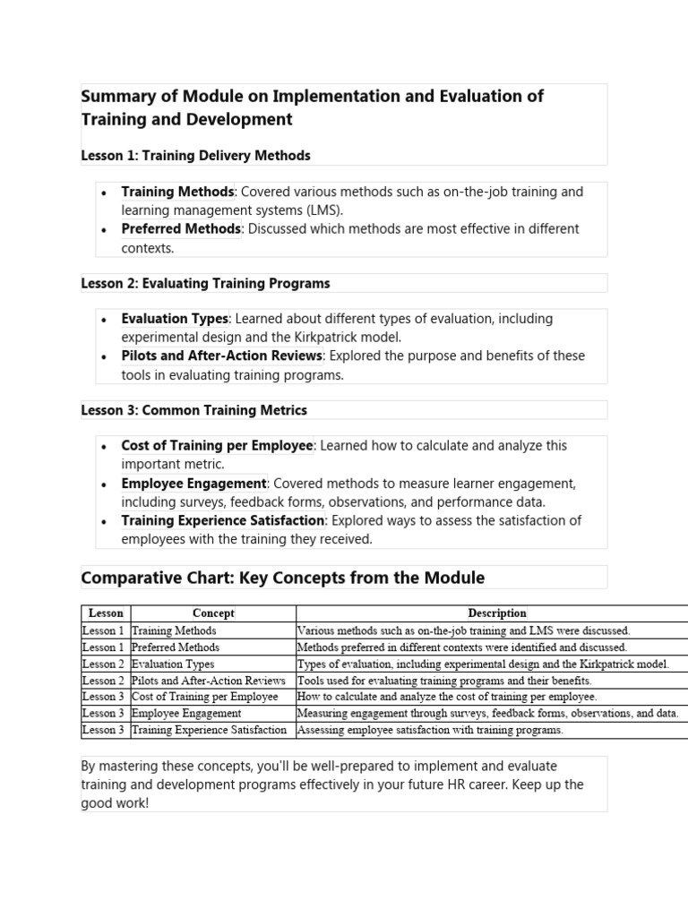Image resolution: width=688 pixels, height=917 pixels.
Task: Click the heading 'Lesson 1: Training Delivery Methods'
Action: (195, 156)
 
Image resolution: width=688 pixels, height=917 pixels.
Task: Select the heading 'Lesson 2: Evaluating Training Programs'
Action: (205, 283)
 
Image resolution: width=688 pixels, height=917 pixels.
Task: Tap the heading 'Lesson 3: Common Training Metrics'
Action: (193, 410)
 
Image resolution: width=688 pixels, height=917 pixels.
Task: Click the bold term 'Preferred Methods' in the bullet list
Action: (181, 229)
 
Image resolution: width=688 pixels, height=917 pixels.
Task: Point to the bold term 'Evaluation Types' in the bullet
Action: (176, 319)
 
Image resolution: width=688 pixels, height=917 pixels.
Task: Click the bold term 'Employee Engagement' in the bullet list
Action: (194, 484)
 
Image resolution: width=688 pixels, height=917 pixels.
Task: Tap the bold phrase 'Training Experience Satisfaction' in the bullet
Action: (223, 520)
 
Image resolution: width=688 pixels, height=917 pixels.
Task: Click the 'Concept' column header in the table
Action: (213, 613)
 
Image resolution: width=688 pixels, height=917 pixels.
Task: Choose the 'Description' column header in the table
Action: (497, 613)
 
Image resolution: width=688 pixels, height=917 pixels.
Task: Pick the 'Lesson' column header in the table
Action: (106, 613)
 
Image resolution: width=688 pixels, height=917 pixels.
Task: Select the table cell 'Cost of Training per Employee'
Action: (204, 697)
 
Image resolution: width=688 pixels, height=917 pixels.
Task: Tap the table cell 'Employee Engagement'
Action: (186, 714)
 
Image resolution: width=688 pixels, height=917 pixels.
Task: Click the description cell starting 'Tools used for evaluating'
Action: (444, 681)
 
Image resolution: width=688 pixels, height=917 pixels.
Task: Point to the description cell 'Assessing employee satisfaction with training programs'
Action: (430, 730)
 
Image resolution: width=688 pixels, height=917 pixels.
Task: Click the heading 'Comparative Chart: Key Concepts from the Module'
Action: (282, 578)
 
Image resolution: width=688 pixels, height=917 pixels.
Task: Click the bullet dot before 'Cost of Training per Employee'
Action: (105, 447)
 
